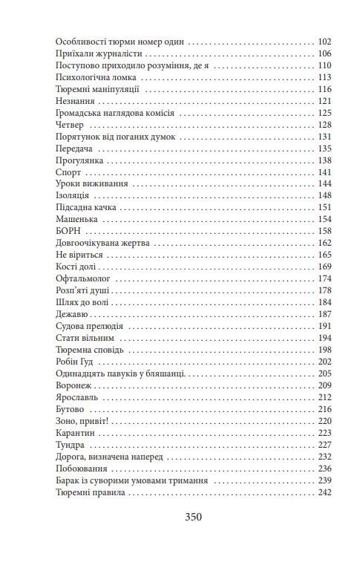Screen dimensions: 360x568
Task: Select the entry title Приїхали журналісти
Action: point(99,54)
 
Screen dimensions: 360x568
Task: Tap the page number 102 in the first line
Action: point(324,42)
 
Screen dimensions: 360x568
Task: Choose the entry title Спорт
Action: point(68,172)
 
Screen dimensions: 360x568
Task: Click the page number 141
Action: point(324,172)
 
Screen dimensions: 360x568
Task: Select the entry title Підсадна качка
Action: point(87,208)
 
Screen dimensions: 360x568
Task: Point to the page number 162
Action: point(324,243)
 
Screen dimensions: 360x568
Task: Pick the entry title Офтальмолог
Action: point(83,278)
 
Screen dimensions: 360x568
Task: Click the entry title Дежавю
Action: point(73,314)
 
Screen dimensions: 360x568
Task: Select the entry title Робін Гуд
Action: point(76,362)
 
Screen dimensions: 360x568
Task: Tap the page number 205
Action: point(324,373)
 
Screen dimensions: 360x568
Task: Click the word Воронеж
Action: point(76,385)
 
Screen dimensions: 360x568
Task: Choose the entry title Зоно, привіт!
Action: point(82,421)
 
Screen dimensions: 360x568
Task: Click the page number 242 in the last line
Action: point(324,492)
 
